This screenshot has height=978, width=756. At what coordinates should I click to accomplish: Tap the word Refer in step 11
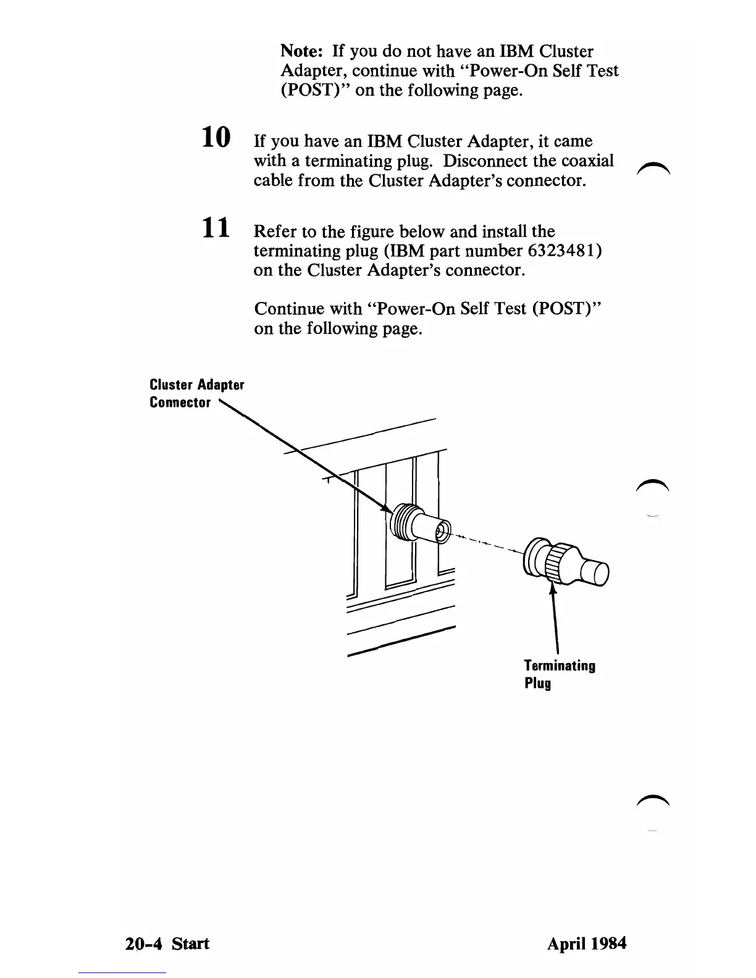tap(275, 232)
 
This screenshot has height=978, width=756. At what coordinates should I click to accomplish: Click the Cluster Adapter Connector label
tap(196, 393)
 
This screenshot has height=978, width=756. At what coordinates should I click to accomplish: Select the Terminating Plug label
tap(559, 674)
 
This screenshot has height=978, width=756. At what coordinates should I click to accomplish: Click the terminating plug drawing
tap(565, 562)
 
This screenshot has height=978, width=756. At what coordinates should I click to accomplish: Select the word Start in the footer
tap(190, 943)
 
